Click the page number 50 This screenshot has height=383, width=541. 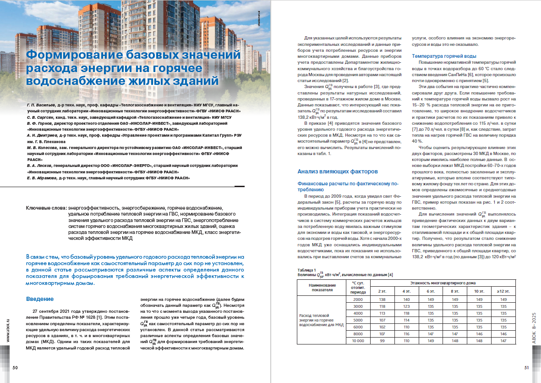point(15,367)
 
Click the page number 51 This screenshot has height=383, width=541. point(526,367)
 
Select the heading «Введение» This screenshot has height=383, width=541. point(40,299)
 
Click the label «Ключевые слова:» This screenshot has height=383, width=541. point(46,208)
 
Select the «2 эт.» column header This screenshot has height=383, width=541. point(382,291)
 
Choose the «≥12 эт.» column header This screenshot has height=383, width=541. point(504,291)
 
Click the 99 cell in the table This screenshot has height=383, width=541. point(382,341)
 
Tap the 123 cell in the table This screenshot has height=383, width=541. point(406,306)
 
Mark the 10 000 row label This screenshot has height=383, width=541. point(357,341)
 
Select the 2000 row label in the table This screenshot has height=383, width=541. point(357,299)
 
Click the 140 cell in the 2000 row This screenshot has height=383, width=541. point(406,299)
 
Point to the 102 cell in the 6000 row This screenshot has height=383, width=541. point(382,327)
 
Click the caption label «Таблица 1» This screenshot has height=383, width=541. point(306,270)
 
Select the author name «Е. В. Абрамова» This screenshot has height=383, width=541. point(42,177)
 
